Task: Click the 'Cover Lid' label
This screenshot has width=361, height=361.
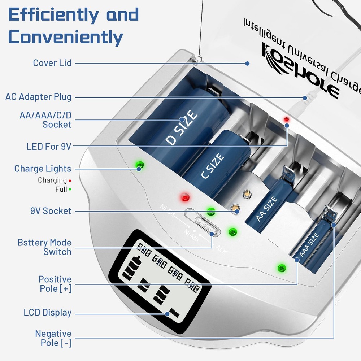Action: pyautogui.click(x=52, y=63)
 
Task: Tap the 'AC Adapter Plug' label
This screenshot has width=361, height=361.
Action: pyautogui.click(x=38, y=97)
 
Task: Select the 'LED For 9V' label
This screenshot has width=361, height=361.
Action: pyautogui.click(x=49, y=146)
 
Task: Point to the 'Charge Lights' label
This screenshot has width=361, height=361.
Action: pyautogui.click(x=43, y=169)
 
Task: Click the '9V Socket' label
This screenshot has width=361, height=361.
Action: pyautogui.click(x=51, y=211)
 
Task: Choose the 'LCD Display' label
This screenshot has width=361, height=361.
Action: pyautogui.click(x=47, y=313)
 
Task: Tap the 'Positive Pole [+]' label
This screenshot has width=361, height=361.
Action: pyautogui.click(x=55, y=284)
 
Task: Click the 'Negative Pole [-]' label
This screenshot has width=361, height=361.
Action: pyautogui.click(x=53, y=338)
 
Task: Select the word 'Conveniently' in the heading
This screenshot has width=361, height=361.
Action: pyautogui.click(x=66, y=37)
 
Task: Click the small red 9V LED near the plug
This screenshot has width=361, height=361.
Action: pyautogui.click(x=287, y=119)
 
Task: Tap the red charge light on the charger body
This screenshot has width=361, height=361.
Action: pyautogui.click(x=185, y=197)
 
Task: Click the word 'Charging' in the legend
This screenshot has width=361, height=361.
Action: pyautogui.click(x=52, y=180)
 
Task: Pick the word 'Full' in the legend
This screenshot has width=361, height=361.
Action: pyautogui.click(x=61, y=189)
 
